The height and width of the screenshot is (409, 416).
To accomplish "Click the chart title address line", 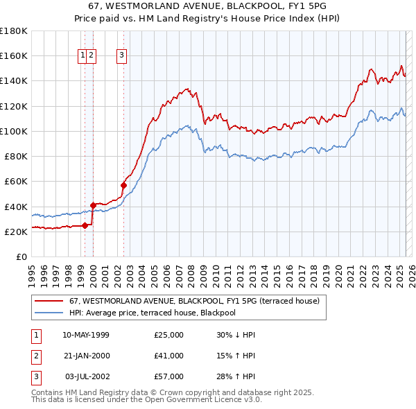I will (x=207, y=6).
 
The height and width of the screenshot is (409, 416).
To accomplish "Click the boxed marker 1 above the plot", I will (x=83, y=56).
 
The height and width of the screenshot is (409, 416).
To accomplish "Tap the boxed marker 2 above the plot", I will (x=92, y=56).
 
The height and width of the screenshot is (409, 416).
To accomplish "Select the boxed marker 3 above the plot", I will (x=122, y=56).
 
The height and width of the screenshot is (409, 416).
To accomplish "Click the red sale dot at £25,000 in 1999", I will (x=85, y=225).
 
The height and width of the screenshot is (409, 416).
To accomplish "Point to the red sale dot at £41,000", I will (x=93, y=205).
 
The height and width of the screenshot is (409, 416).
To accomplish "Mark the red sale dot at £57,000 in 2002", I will (x=123, y=185).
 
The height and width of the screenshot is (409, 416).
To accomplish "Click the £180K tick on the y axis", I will (x=14, y=31).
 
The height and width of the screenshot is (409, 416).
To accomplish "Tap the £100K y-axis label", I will (x=14, y=131).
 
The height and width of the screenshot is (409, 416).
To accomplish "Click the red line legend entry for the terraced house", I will (x=194, y=302).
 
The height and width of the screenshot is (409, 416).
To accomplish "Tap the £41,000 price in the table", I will (x=169, y=356).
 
